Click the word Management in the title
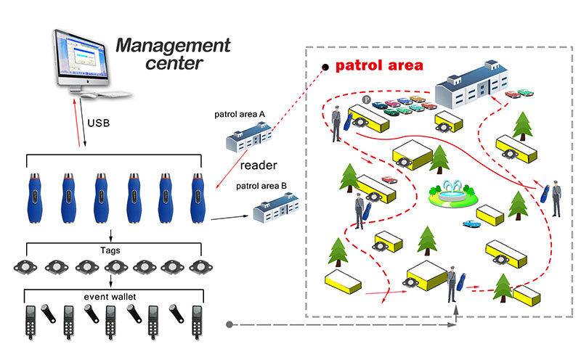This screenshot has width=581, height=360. point(173,47)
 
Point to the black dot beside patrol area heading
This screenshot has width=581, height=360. point(326,67)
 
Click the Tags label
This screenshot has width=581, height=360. point(110,250)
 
